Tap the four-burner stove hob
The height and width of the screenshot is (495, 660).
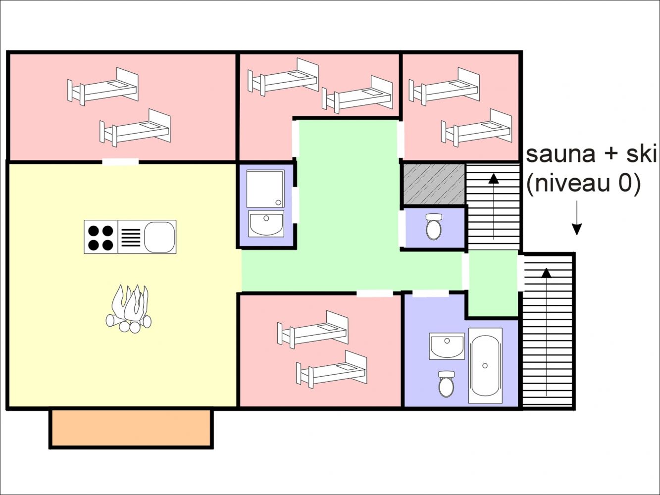[101, 237]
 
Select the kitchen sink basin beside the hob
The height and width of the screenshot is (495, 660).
[159, 237]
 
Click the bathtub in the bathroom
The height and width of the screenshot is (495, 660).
[485, 365]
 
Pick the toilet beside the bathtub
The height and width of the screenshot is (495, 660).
[446, 384]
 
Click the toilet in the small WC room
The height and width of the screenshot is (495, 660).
[434, 227]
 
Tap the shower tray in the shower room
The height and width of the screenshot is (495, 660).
[265, 189]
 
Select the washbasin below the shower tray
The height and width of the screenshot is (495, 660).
[266, 224]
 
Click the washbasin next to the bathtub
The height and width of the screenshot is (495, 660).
[447, 346]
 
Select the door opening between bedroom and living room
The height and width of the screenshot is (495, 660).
[120, 162]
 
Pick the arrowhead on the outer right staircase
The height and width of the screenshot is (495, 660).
[546, 273]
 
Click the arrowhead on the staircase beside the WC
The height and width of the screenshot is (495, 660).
[494, 179]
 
